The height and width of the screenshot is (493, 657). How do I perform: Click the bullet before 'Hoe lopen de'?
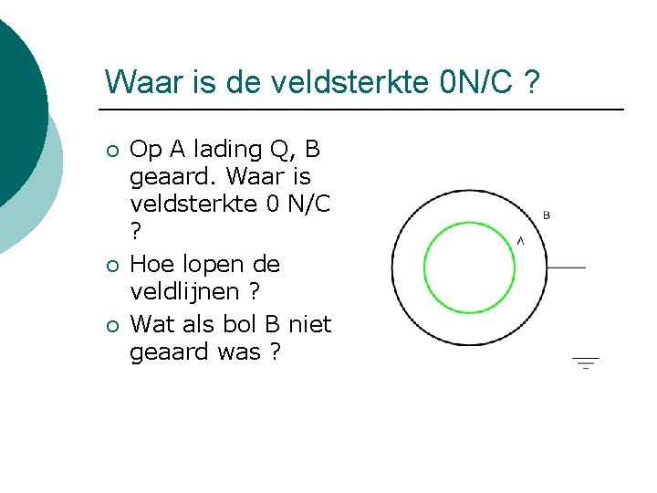tap(111, 267)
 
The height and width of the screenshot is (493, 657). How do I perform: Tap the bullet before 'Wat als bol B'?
tap(111, 325)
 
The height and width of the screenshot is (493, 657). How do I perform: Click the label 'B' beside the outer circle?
tap(547, 215)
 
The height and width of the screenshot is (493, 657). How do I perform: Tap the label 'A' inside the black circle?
tap(520, 240)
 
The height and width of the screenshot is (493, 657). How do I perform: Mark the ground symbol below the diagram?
tap(586, 362)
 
